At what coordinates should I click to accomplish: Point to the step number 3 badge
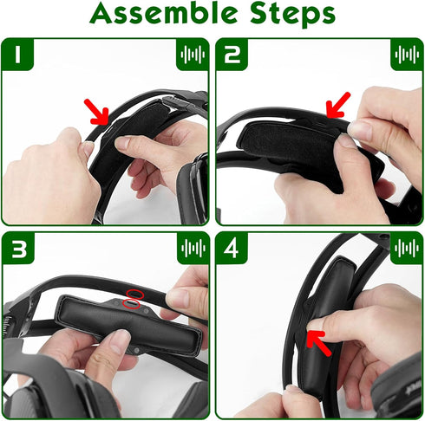click(x=19, y=249)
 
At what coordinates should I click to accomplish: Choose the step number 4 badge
click(x=233, y=249)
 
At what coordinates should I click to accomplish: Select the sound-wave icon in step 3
click(x=192, y=249)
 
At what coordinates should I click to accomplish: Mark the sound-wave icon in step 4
click(x=405, y=249)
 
